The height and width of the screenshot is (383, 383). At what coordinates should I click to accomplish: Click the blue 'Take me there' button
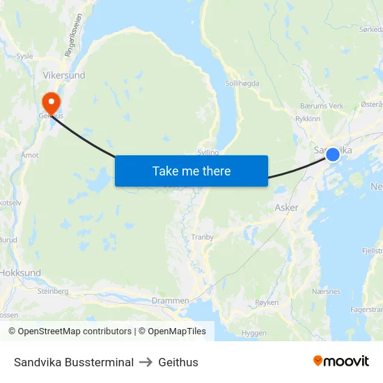coord(191,171)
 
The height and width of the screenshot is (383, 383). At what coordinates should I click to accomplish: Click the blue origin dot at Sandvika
coord(333,155)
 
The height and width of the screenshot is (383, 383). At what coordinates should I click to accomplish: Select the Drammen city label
coord(170,301)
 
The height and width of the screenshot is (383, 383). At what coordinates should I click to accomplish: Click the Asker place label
coord(286,208)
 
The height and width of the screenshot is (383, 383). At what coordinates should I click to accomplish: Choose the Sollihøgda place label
coord(242,83)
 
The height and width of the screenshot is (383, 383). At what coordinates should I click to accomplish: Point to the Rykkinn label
coord(308,118)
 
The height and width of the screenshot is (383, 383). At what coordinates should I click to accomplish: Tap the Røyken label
coord(267,302)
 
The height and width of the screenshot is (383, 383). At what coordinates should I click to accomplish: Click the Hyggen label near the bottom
coord(253,333)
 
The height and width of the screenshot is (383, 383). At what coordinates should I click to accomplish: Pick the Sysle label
coord(24,54)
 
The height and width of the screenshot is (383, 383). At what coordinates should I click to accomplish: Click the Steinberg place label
coord(54,291)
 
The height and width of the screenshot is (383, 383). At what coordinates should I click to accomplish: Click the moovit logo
coord(341,361)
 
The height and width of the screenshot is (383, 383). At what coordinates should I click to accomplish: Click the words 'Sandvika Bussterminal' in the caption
coord(74,362)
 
